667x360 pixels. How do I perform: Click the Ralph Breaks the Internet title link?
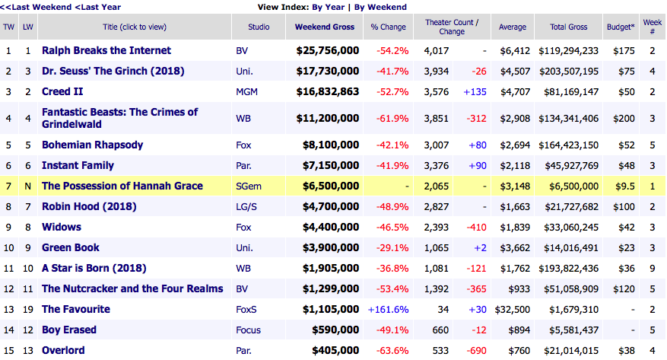(x=106, y=51)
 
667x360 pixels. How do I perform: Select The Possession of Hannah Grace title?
(x=122, y=186)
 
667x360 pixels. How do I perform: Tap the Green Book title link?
(x=71, y=247)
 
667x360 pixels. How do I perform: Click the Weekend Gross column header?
(x=325, y=27)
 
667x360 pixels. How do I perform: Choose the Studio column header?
(x=259, y=27)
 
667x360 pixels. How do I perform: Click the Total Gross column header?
(x=569, y=27)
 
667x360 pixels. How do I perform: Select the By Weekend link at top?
(x=380, y=7)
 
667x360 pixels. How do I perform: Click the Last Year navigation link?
(x=99, y=7)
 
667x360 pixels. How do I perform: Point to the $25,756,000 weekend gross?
(x=328, y=51)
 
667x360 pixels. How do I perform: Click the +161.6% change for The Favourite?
(x=389, y=309)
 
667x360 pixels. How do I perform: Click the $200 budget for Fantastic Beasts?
(x=618, y=118)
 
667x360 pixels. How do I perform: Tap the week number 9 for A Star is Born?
(x=653, y=268)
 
